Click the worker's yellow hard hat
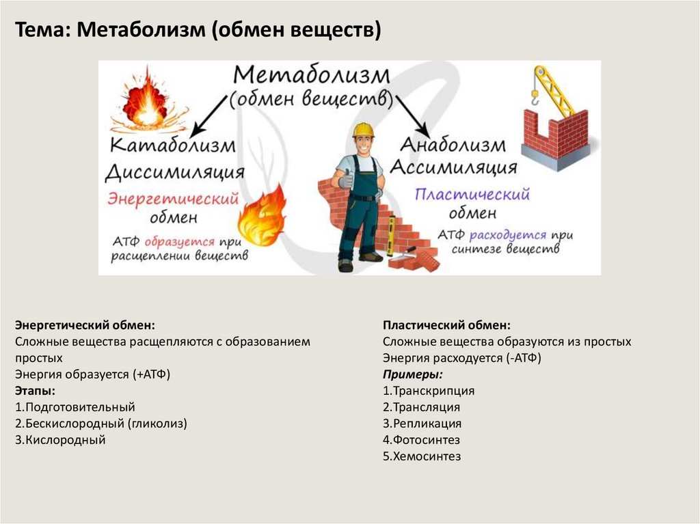[364, 129]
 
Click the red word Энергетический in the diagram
[172, 199]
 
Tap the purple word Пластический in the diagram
[472, 195]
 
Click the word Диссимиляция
[175, 171]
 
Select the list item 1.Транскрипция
[429, 391]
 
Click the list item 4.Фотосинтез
[421, 440]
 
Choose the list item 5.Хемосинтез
[422, 456]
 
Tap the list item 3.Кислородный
[60, 440]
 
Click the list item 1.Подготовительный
[75, 407]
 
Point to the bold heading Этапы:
[35, 391]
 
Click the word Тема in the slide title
[40, 31]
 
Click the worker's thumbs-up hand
[345, 180]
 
